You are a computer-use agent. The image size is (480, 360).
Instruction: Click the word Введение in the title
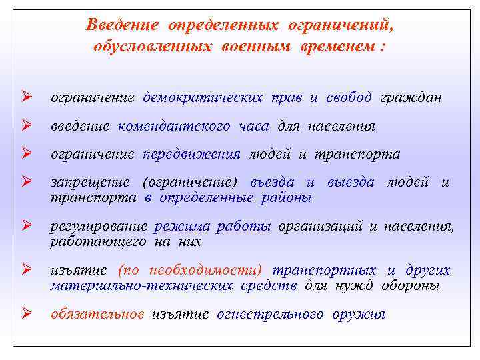123,25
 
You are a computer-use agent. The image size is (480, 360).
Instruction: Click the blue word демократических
203,98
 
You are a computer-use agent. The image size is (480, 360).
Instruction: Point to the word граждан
411,98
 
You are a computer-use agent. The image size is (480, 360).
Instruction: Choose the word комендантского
175,126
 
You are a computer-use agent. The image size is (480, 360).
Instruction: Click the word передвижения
191,154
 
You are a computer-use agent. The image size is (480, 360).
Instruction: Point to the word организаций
321,227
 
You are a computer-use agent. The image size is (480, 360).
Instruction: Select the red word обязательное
97,315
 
